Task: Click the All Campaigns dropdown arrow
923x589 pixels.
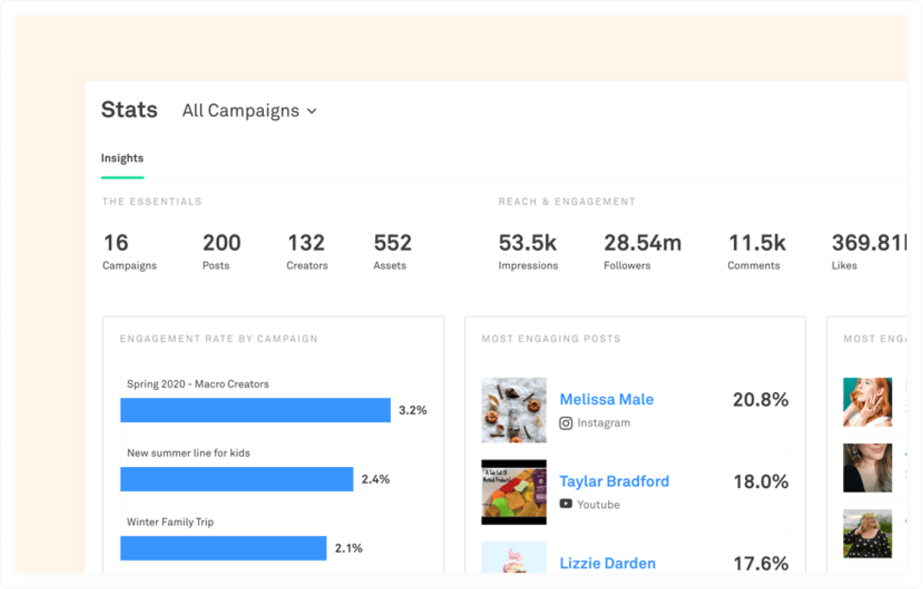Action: [x=312, y=111]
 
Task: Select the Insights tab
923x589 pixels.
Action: [x=122, y=158]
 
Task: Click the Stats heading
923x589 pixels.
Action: [x=129, y=110]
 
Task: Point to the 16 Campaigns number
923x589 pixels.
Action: [x=115, y=243]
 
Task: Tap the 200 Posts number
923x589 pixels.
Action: [x=221, y=243]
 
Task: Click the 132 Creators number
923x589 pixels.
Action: [x=306, y=243]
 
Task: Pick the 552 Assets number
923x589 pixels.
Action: [x=392, y=243]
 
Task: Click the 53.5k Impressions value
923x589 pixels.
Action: [x=527, y=243]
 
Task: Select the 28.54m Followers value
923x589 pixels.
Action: [x=642, y=243]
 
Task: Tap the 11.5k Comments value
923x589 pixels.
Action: [x=756, y=243]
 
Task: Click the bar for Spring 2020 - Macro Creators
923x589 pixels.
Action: [x=255, y=410]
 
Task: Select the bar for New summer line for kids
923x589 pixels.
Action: [x=237, y=479]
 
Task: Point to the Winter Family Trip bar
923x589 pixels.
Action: [x=223, y=549]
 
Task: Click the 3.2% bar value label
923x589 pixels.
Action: [x=412, y=410]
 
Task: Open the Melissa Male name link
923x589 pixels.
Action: [x=606, y=399]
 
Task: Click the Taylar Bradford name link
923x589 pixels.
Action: [x=614, y=481]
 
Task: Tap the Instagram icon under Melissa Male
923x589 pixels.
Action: [x=566, y=423]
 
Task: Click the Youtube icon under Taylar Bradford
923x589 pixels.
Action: [x=566, y=504]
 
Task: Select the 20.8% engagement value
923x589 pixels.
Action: [x=760, y=399]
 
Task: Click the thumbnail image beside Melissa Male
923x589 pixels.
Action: [x=513, y=410]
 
